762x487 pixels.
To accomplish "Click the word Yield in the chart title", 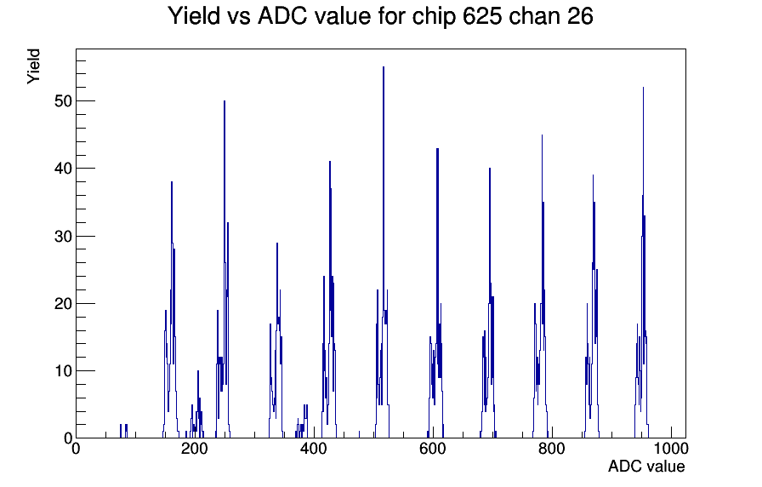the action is (x=194, y=16).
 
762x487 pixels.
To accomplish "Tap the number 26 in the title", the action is (x=580, y=16).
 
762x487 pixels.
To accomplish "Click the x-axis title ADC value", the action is (x=646, y=466).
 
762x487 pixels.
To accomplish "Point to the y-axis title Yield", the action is (x=33, y=66).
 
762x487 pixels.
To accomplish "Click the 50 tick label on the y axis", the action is (x=62, y=101).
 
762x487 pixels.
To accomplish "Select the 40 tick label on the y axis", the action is (x=62, y=169).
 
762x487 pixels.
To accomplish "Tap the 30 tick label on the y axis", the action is (x=62, y=237).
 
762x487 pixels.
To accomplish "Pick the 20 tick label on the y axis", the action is (x=62, y=304).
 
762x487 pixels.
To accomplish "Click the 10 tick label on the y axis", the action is (x=62, y=371).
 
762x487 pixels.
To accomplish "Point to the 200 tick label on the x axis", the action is (x=195, y=448).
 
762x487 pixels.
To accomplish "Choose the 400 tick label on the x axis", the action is (x=314, y=448).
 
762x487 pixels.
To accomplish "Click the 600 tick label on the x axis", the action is (x=433, y=448).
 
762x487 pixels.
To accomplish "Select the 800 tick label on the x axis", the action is (x=552, y=448).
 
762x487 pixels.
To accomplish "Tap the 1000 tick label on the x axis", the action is (x=671, y=448).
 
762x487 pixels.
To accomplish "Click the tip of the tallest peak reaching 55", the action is (x=384, y=67).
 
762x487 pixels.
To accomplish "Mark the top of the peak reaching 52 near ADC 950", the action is (x=644, y=88).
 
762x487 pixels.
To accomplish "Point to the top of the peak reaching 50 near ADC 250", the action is (x=225, y=101).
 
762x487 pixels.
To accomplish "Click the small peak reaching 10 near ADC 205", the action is (x=198, y=371).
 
